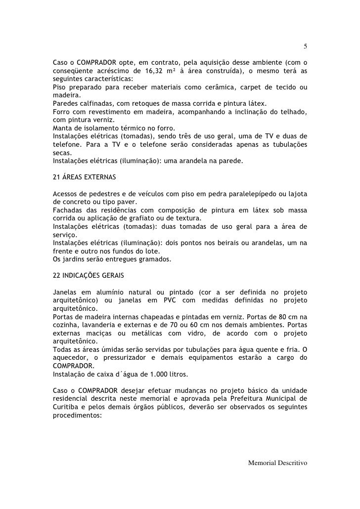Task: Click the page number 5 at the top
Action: (x=306, y=47)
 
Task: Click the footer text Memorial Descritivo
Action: (x=278, y=463)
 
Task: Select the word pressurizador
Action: (x=127, y=358)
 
